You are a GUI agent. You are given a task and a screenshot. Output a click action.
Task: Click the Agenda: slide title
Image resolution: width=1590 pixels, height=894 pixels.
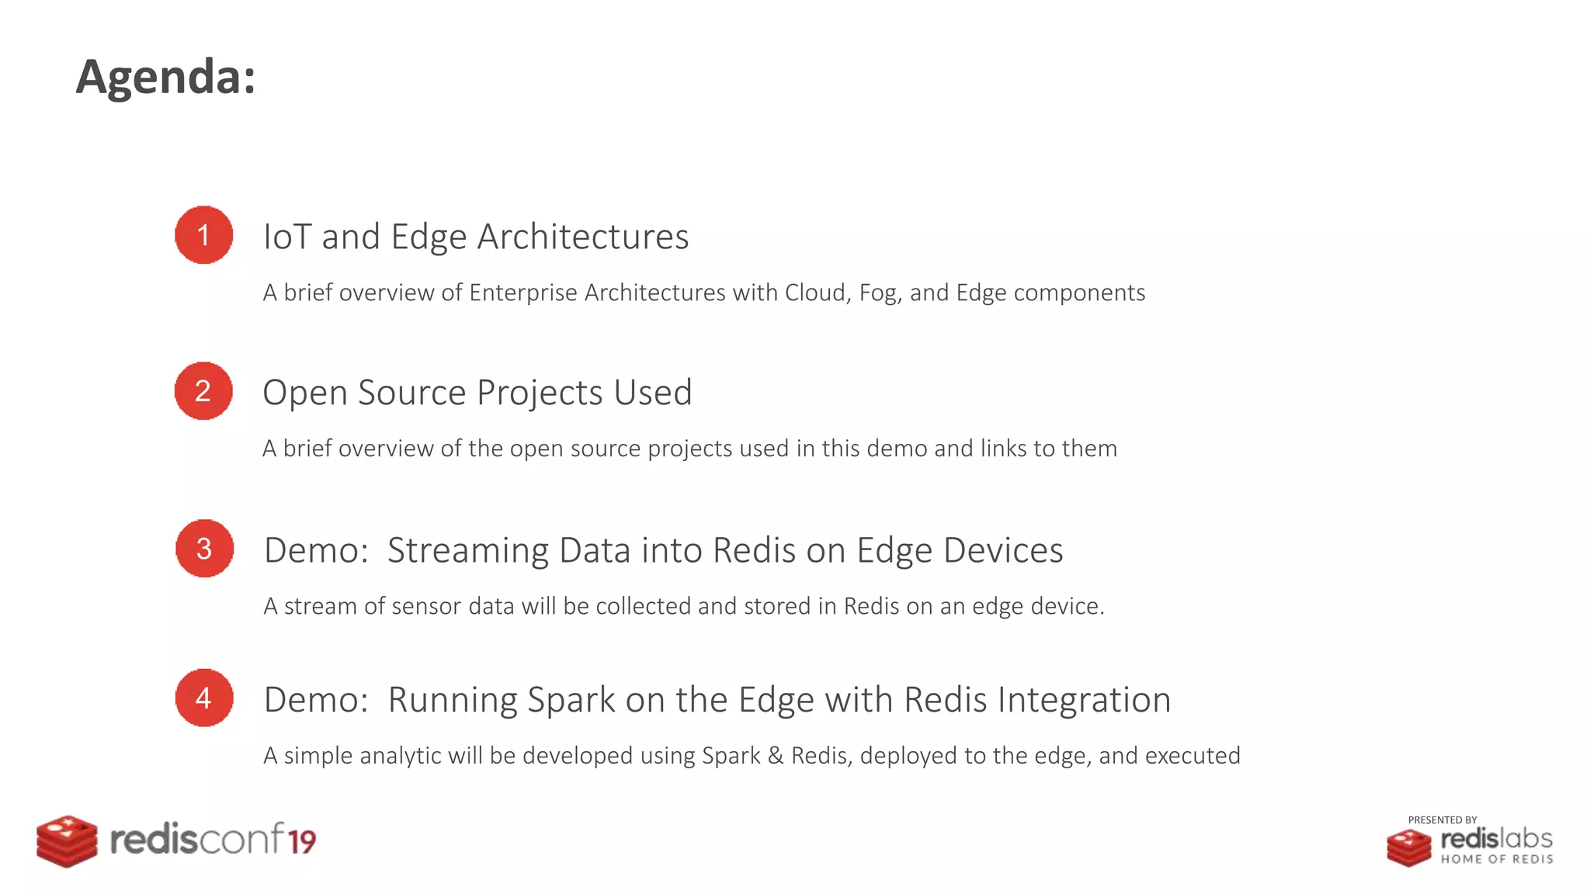click(x=165, y=77)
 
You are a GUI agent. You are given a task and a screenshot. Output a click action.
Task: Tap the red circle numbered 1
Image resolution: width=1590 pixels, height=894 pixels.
click(x=203, y=235)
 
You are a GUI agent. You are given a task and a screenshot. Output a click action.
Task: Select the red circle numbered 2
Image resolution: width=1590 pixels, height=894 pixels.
click(x=203, y=391)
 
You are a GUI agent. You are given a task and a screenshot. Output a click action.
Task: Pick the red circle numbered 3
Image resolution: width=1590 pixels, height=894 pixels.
click(x=204, y=549)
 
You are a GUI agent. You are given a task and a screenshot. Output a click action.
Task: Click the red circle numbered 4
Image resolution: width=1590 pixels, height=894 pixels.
click(x=204, y=698)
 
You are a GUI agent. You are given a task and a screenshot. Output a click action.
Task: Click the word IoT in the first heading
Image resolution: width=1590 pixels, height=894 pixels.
click(x=286, y=237)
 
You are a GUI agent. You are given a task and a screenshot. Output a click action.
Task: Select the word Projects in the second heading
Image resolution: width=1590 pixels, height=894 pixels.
click(x=540, y=393)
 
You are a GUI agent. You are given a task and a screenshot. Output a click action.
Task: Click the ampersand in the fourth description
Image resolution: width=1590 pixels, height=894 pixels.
click(x=775, y=756)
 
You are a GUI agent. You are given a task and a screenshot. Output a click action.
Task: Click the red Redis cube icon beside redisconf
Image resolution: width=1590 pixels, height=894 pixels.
click(x=68, y=841)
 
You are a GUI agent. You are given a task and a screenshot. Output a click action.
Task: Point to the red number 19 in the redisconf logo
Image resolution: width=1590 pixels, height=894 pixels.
click(x=302, y=842)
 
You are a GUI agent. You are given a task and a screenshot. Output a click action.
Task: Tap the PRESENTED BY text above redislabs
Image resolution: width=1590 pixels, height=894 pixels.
click(x=1442, y=820)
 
